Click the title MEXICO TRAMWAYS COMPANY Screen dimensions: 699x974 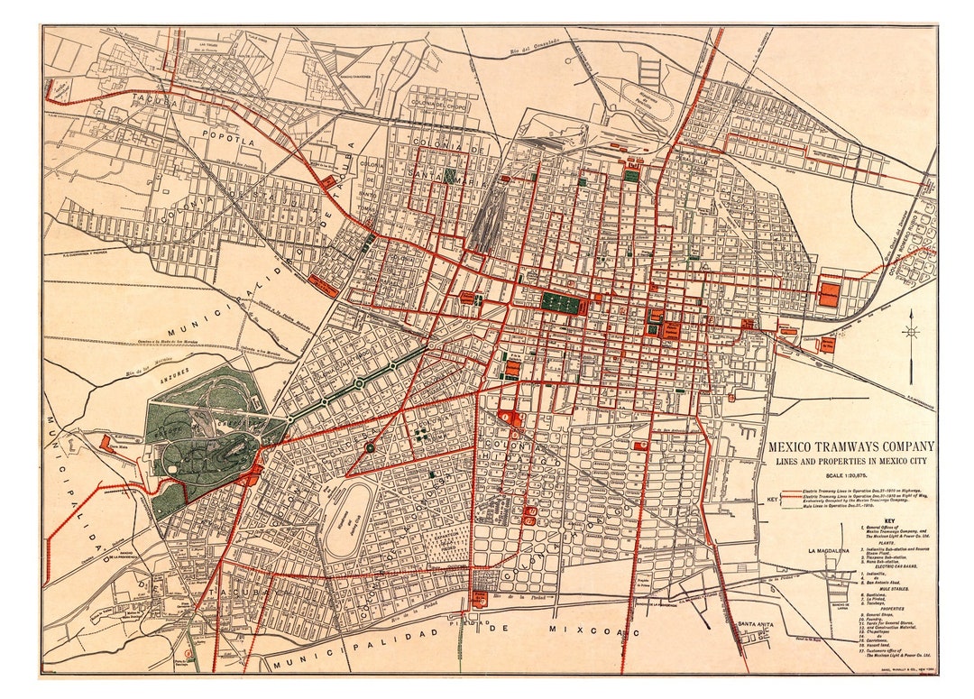[x=850, y=446]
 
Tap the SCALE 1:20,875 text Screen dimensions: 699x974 [x=850, y=476]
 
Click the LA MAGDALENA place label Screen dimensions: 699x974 [x=838, y=550]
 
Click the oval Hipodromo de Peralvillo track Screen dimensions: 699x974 [x=648, y=98]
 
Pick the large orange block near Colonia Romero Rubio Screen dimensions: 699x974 [x=828, y=294]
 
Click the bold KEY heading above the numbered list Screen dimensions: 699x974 [x=889, y=520]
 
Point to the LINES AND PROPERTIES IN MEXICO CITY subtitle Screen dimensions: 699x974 [x=850, y=462]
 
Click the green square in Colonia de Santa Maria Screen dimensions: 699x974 [x=449, y=176]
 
